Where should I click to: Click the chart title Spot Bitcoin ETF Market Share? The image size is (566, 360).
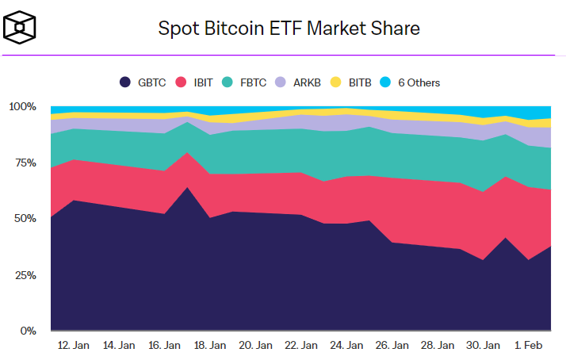pos(289,29)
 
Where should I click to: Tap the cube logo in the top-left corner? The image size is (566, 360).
pos(21,29)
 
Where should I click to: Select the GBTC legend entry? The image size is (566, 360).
pos(143,82)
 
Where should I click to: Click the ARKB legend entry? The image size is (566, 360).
pos(299,82)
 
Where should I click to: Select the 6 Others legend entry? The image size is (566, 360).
pos(411,82)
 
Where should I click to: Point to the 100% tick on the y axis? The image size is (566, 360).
pos(22,106)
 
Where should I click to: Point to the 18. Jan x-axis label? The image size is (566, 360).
pos(210,346)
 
